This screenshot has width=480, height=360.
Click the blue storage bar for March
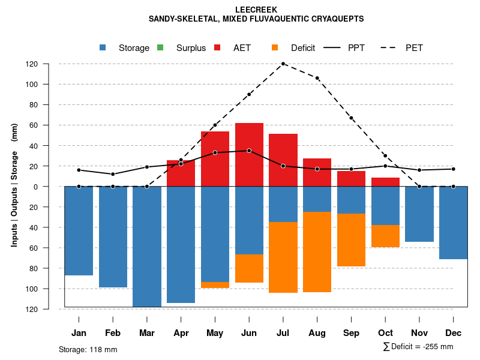point(147,247)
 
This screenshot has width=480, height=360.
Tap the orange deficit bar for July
point(283,257)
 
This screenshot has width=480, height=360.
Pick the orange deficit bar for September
point(351,240)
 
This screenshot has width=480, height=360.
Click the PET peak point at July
point(283,64)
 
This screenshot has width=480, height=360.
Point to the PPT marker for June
point(249,151)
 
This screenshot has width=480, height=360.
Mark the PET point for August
point(317,78)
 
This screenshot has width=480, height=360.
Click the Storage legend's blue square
point(103,47)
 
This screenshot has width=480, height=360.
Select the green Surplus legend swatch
point(160,47)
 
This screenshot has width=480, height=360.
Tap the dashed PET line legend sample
point(391,47)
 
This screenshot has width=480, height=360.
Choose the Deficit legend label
point(303,48)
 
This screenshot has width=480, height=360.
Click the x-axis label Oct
point(385,333)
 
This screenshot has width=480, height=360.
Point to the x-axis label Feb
point(113,333)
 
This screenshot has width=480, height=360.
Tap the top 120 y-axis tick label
point(49,64)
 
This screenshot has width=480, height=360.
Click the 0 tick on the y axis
point(52,187)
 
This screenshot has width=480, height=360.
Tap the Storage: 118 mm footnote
point(88,349)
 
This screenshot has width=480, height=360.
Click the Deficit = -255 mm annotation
point(418,347)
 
